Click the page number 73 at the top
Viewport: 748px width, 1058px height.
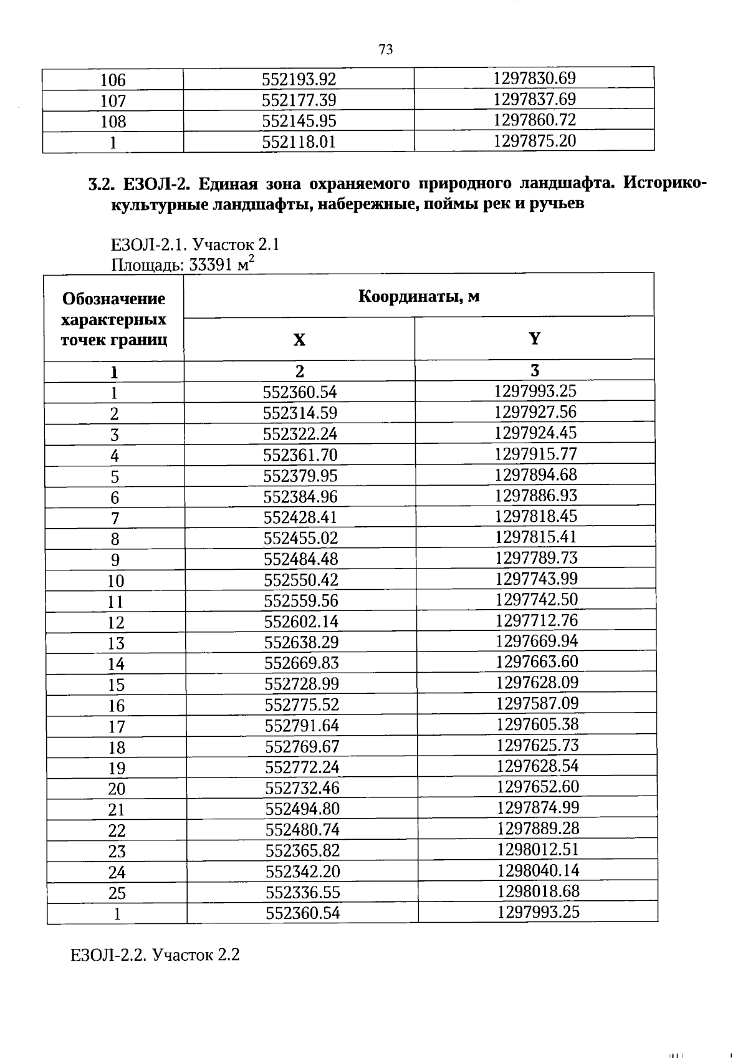[x=385, y=50]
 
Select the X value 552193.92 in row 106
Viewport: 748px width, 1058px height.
[x=299, y=80]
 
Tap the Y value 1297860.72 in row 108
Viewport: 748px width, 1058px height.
[x=534, y=120]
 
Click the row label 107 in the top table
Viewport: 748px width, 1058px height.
[x=113, y=101]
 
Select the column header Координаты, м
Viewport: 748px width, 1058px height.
[x=418, y=296]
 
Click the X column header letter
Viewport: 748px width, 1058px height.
[x=299, y=340]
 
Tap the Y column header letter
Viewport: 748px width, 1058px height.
[x=534, y=339]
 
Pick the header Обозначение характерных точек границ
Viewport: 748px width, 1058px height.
[x=113, y=319]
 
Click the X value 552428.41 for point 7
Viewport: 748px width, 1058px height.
[x=300, y=517]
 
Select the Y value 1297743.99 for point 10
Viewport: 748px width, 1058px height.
[x=537, y=579]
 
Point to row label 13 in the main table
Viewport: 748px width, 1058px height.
[x=116, y=643]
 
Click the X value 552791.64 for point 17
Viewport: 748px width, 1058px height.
[x=302, y=726]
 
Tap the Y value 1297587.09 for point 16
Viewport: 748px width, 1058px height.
[x=537, y=703]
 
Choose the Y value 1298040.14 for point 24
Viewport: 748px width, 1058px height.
[x=538, y=870]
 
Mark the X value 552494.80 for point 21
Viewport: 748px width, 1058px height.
[x=302, y=809]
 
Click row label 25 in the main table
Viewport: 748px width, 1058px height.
[x=117, y=893]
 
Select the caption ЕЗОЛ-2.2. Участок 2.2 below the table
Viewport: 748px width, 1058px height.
[x=155, y=955]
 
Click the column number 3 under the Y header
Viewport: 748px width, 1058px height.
[x=534, y=370]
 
